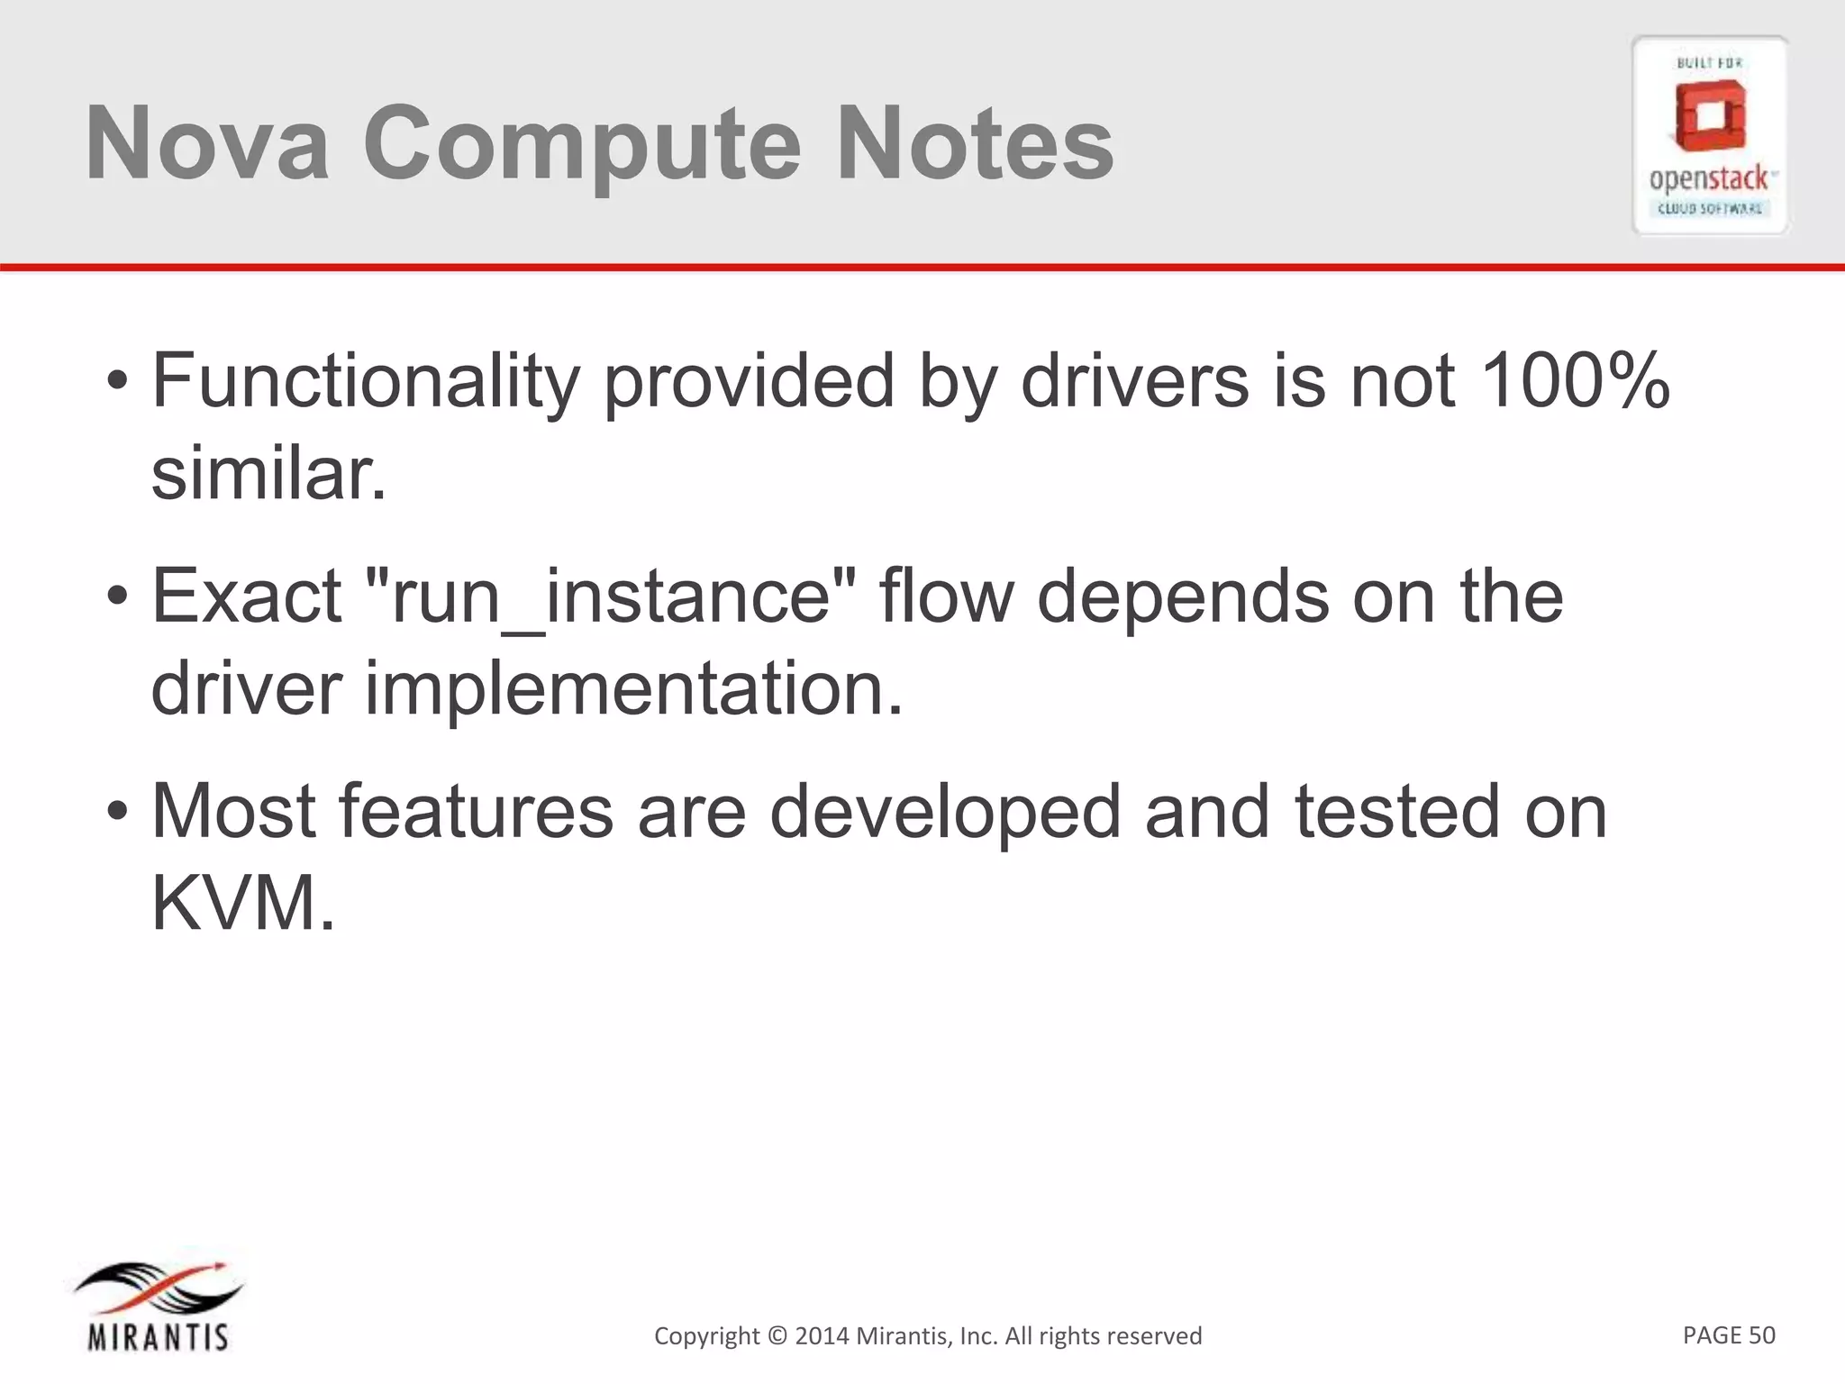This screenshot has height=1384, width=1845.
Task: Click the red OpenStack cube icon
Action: tap(1710, 117)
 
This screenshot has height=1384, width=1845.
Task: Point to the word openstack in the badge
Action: tap(1708, 179)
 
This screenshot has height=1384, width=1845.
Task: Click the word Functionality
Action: tap(365, 382)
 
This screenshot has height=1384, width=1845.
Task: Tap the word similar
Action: tap(268, 474)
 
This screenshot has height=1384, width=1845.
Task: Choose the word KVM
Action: tap(242, 904)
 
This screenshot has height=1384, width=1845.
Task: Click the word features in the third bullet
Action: tap(476, 811)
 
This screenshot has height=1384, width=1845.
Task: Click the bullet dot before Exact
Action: tap(117, 596)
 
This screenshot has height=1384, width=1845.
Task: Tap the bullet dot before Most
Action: tap(117, 811)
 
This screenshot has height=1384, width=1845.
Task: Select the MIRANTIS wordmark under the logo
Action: tap(159, 1336)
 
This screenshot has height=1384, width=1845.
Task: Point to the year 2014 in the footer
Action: tap(821, 1335)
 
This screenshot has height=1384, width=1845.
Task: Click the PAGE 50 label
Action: tap(1728, 1334)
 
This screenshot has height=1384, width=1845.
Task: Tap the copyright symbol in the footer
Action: tap(777, 1335)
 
